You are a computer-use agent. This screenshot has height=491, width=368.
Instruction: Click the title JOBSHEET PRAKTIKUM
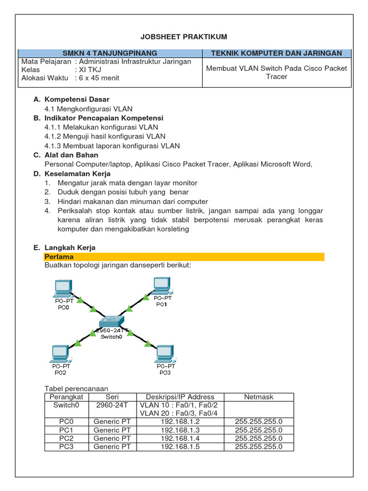(x=184, y=37)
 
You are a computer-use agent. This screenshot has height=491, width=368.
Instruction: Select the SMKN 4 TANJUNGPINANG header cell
(x=110, y=53)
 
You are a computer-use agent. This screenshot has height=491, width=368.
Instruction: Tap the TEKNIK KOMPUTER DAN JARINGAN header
(x=276, y=53)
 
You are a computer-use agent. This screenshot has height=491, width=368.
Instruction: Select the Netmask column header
(x=259, y=397)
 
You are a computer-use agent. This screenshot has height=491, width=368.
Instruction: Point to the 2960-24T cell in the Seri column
(x=112, y=405)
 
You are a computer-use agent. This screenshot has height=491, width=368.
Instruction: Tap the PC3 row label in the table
(x=66, y=446)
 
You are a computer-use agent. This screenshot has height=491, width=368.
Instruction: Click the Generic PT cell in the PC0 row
(x=112, y=421)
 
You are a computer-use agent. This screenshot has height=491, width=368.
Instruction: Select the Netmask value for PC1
(x=259, y=430)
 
